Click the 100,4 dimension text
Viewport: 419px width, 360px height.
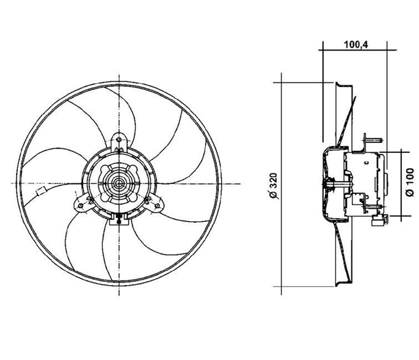click(356, 44)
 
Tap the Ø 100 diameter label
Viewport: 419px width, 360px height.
click(409, 182)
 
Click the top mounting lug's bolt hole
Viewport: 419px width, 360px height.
click(119, 140)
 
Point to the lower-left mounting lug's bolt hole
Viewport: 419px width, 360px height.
click(80, 205)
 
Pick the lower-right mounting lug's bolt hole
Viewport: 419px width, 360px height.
click(158, 205)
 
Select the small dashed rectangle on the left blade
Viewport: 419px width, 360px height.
click(41, 192)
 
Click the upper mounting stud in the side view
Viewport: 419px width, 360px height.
click(375, 140)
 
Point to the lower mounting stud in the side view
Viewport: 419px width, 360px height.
click(371, 206)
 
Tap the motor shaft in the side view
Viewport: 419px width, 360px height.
click(338, 184)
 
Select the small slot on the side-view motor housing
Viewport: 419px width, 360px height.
click(366, 162)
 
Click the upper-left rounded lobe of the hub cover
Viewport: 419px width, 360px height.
click(105, 169)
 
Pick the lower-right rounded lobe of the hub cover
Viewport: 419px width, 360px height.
click(133, 197)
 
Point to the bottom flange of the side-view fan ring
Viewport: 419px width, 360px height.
click(344, 283)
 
